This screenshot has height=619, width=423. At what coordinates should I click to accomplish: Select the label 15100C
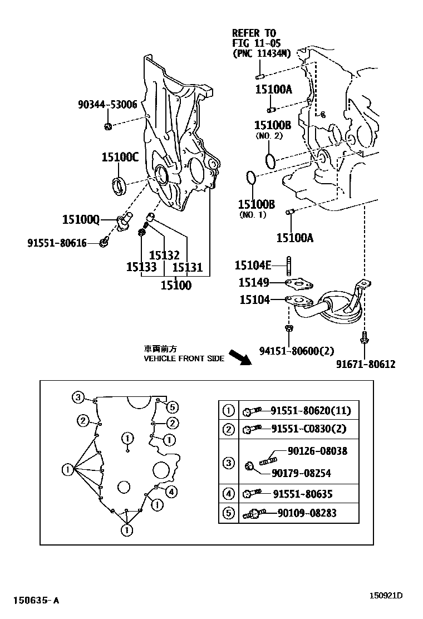point(120,158)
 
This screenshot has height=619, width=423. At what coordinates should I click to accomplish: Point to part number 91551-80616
point(57,243)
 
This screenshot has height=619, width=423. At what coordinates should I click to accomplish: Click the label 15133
point(141,268)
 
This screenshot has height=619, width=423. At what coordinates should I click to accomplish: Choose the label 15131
point(187,268)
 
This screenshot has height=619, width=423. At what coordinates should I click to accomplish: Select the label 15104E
point(253,265)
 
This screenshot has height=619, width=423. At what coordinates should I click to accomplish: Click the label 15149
point(255,283)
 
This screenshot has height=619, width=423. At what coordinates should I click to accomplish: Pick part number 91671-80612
point(366,364)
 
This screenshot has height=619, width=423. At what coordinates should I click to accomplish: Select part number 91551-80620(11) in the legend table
point(311,412)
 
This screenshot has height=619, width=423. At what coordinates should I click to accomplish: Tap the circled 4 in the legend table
point(229,494)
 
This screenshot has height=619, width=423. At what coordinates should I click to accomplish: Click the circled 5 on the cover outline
point(172,406)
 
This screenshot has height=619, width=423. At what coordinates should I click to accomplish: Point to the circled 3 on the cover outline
point(78,397)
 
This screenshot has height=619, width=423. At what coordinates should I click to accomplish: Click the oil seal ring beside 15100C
point(119,184)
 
